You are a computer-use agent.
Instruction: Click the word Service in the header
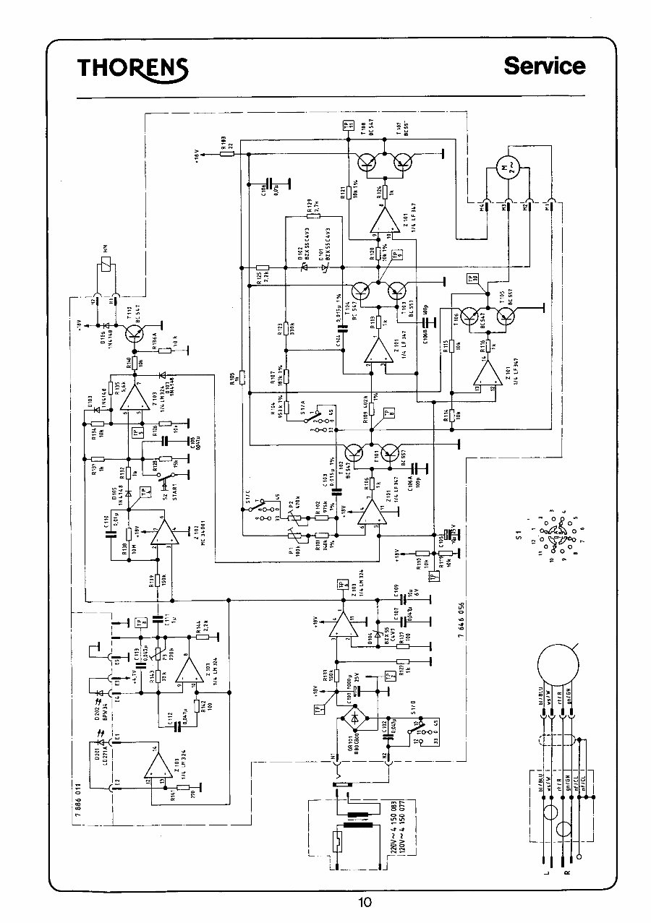click(545, 66)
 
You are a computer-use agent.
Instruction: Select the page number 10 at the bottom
click(364, 901)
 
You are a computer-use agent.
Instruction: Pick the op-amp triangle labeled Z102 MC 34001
click(163, 533)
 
